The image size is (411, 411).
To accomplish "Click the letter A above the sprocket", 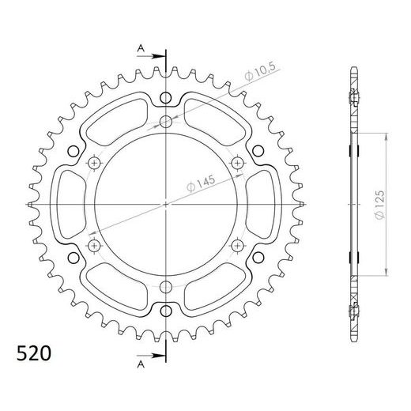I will (140, 48).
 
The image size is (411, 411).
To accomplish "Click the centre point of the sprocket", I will (166, 204).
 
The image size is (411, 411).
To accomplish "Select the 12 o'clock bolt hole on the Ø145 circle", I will (166, 122).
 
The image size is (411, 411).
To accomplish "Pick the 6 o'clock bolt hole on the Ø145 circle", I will (166, 286).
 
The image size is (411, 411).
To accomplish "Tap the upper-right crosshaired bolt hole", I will (237, 162).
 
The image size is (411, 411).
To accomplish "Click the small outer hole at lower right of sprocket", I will (258, 258).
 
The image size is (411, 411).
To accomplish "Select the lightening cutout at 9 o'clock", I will (65, 204).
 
